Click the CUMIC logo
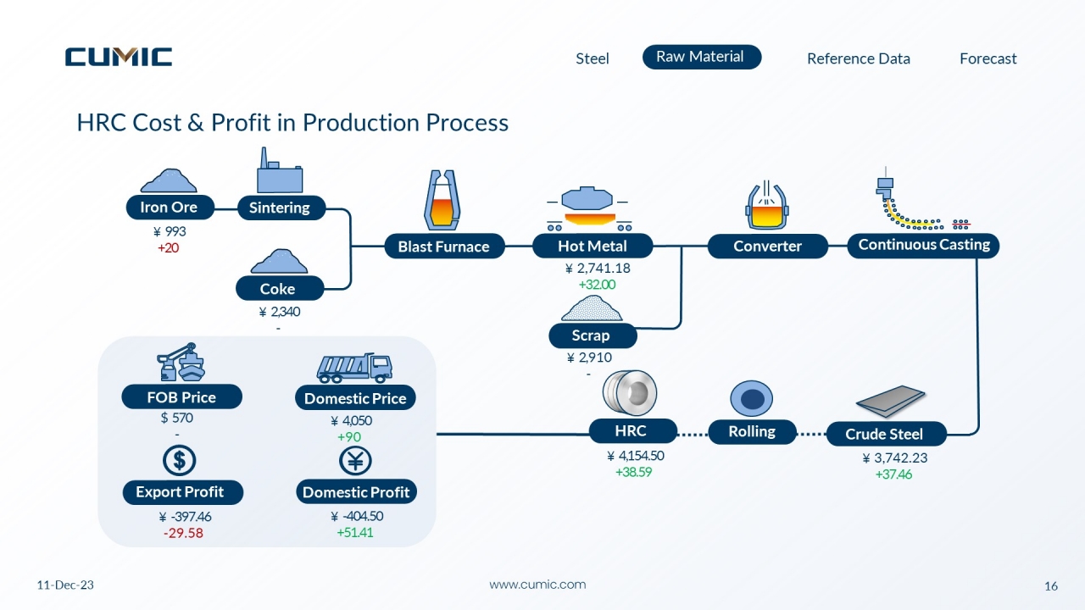(119, 57)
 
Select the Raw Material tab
(702, 57)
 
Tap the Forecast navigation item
(988, 58)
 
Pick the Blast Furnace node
(444, 247)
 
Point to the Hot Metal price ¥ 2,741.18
(598, 269)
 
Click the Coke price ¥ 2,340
(280, 311)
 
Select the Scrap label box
(593, 335)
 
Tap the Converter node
(768, 246)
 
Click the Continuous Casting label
(923, 245)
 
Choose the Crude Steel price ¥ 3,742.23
(895, 458)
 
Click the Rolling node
(752, 431)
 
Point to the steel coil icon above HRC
(630, 392)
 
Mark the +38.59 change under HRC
(633, 472)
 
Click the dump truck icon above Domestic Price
(354, 368)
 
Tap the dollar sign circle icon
(179, 460)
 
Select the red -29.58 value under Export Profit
(183, 533)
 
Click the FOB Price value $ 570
(177, 418)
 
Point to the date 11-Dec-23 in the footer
(65, 585)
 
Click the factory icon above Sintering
(280, 170)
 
